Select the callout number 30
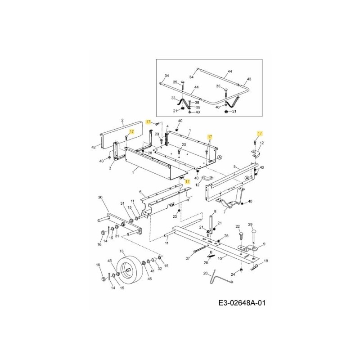point(100,197)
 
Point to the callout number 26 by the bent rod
point(206,273)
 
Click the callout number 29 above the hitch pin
point(251,224)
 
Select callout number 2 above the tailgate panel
point(122,120)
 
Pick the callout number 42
point(93,147)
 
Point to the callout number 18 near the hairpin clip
point(265,261)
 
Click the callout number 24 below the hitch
point(233,274)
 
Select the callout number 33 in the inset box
point(173,98)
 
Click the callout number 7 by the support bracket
point(224,212)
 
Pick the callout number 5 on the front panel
point(234,166)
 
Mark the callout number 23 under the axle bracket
point(175,216)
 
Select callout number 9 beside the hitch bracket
point(264,243)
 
